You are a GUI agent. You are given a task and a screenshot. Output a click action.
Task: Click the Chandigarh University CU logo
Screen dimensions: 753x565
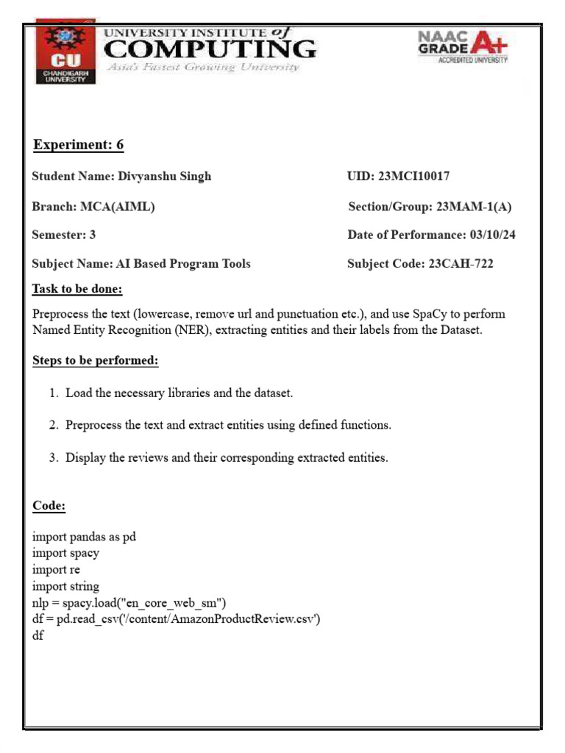pyautogui.click(x=65, y=55)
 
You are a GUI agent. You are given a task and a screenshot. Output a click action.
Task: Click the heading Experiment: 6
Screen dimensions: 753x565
pyautogui.click(x=79, y=145)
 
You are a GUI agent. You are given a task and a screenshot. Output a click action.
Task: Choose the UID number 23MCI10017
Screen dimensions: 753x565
pyautogui.click(x=413, y=176)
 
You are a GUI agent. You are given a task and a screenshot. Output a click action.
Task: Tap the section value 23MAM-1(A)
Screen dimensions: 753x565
pyautogui.click(x=474, y=207)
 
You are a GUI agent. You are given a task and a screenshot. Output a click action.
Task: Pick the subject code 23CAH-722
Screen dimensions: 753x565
pyautogui.click(x=461, y=264)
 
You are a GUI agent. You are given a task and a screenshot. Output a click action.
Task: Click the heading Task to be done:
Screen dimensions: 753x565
pyautogui.click(x=77, y=289)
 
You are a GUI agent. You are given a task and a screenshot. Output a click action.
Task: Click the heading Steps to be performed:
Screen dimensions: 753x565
pyautogui.click(x=96, y=361)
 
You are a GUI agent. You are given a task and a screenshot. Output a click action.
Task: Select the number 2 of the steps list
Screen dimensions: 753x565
pyautogui.click(x=53, y=425)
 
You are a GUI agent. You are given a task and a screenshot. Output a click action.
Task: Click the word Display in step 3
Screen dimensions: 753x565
pyautogui.click(x=85, y=457)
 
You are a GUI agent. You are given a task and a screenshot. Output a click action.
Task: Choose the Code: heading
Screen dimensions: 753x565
pyautogui.click(x=49, y=506)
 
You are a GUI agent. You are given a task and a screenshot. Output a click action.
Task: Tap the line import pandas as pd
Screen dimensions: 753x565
pyautogui.click(x=84, y=537)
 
